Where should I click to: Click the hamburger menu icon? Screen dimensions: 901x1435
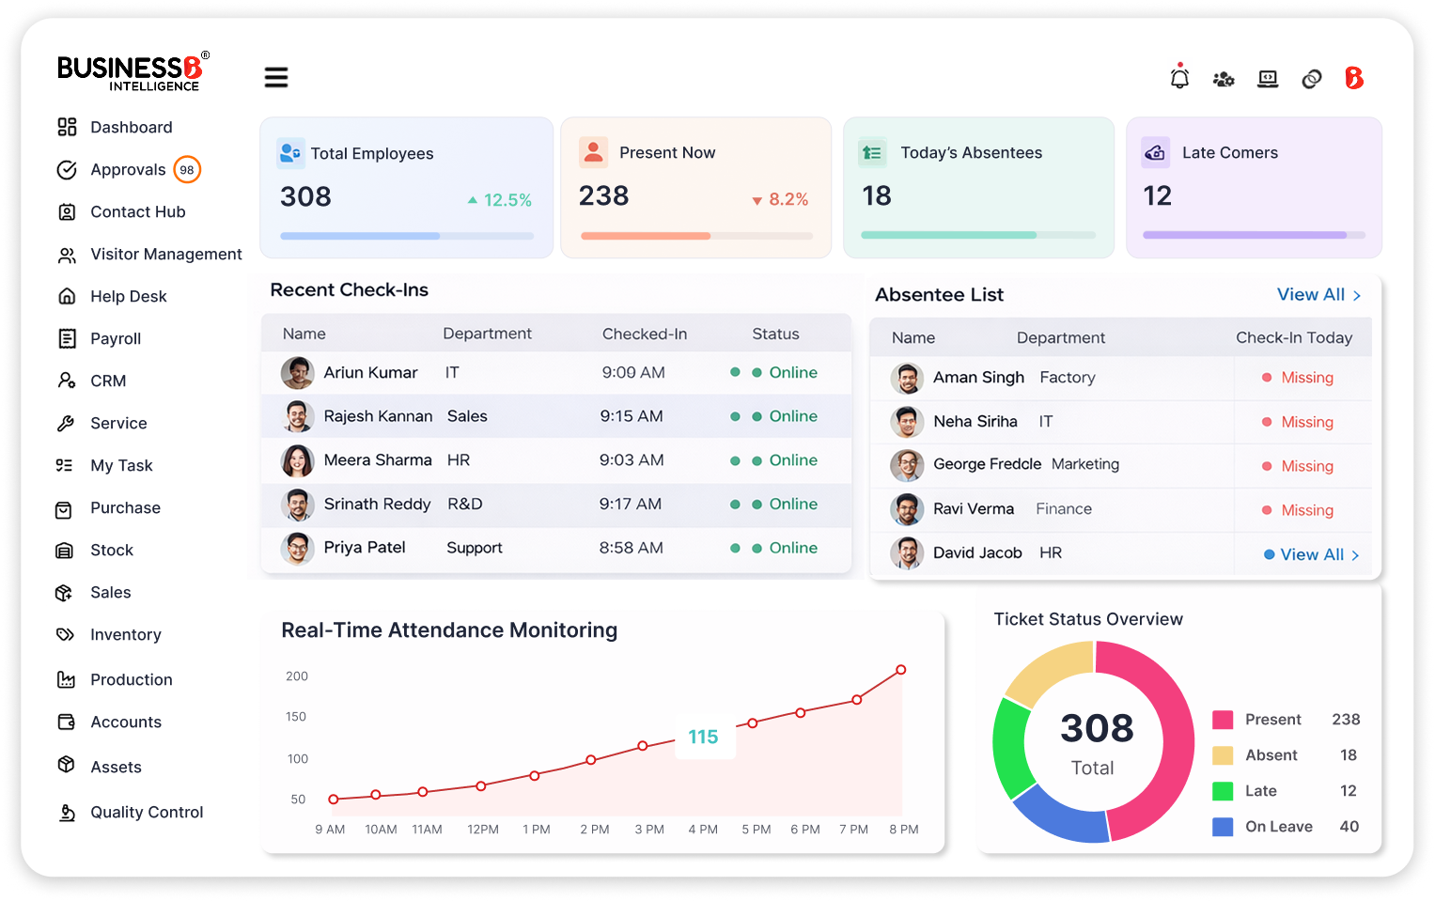tap(276, 77)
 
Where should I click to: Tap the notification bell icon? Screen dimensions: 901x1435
tap(1179, 78)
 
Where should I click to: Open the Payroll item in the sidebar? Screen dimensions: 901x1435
tap(115, 338)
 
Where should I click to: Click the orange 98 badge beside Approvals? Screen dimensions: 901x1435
tap(187, 170)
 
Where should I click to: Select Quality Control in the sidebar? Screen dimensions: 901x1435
tap(146, 812)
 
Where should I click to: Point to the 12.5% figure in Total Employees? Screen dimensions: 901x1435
tap(507, 200)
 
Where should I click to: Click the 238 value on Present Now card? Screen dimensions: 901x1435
tap(603, 195)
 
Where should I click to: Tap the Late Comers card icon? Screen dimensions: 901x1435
tap(1155, 152)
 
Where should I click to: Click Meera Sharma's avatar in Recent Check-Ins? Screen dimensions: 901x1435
tap(297, 460)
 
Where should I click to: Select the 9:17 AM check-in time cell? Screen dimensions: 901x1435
tap(631, 505)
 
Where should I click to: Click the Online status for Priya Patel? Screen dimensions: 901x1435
tap(792, 548)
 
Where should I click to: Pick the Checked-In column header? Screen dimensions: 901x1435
tap(644, 334)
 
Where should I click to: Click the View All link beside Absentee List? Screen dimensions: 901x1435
tap(1318, 295)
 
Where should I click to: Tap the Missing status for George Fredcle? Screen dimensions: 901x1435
tap(1306, 466)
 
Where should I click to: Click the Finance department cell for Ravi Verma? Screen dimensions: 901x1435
tap(1063, 509)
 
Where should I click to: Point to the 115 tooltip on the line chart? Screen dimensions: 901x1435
tap(703, 737)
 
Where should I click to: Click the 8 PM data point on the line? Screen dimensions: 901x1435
tap(901, 670)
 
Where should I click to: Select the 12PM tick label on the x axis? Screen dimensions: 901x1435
tap(483, 830)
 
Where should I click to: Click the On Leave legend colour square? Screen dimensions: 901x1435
tap(1223, 827)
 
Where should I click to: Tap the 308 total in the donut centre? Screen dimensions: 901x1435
tap(1097, 728)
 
